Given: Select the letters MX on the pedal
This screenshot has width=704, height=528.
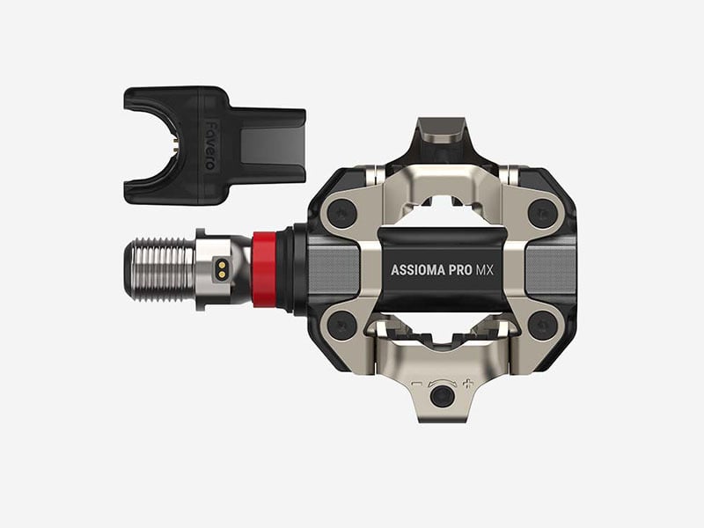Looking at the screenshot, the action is [x=485, y=270].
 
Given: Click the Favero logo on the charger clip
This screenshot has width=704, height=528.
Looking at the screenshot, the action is [x=210, y=144].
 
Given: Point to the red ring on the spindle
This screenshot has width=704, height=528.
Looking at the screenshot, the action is [x=264, y=269].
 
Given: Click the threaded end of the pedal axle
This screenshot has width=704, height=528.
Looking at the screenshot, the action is [x=159, y=269].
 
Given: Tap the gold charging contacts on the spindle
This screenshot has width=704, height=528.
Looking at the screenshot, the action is [x=222, y=269].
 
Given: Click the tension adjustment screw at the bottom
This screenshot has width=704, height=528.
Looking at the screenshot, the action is [x=442, y=396].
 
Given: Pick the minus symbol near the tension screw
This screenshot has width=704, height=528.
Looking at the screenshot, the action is [x=416, y=384].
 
